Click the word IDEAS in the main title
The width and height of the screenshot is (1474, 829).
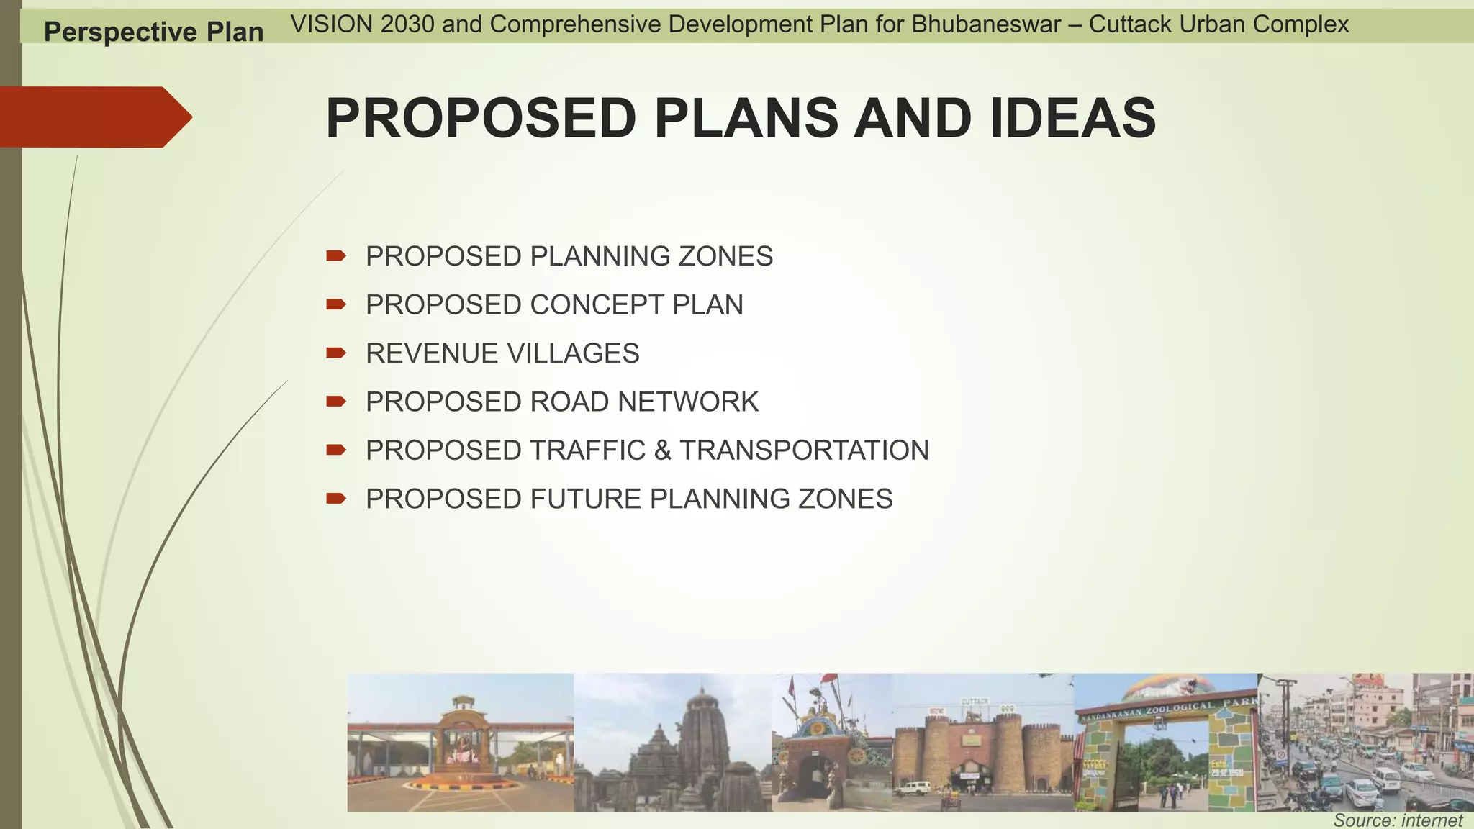(x=1072, y=119)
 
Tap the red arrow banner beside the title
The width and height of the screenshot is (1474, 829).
(x=94, y=117)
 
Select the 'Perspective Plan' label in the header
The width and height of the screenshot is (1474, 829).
(x=153, y=32)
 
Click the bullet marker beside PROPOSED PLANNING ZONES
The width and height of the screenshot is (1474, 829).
(x=335, y=256)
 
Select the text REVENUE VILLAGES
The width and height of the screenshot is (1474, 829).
(x=502, y=353)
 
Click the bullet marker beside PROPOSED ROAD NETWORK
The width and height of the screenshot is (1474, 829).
(x=335, y=402)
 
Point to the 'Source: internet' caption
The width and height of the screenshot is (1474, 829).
(x=1397, y=820)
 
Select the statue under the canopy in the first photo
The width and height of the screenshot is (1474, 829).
(x=461, y=748)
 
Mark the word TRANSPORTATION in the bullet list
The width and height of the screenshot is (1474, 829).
(x=804, y=450)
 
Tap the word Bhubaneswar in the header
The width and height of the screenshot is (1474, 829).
(x=986, y=24)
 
